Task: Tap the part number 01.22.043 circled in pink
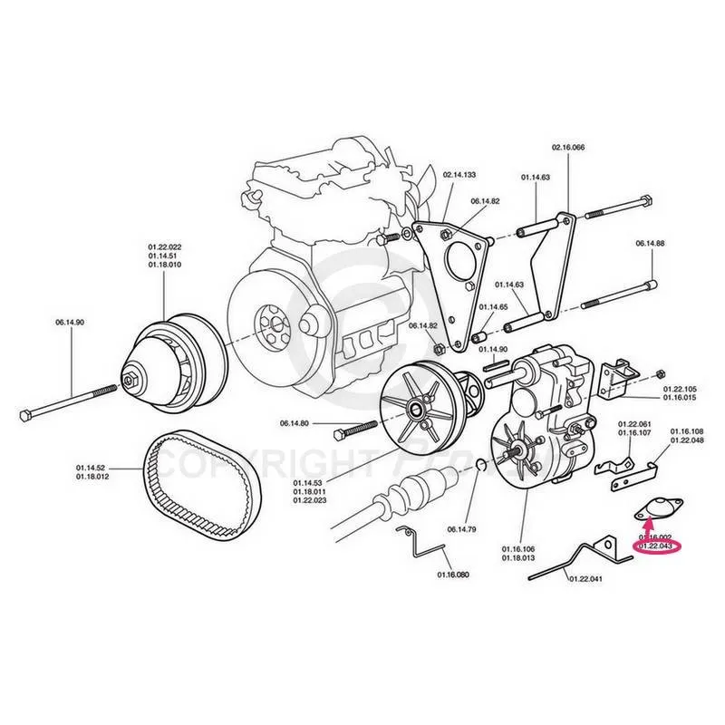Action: [x=655, y=547]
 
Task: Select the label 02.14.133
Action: [x=459, y=174]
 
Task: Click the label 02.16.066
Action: [x=568, y=147]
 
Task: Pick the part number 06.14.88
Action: [x=651, y=243]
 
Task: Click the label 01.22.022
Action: [x=165, y=246]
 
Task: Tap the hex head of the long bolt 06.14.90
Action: [x=26, y=415]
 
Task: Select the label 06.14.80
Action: [x=295, y=423]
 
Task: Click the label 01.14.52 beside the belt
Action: [x=92, y=468]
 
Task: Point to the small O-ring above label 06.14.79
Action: [x=478, y=465]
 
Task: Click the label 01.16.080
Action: [x=453, y=575]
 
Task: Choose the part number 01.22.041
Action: [x=584, y=578]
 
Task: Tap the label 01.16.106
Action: [x=519, y=549]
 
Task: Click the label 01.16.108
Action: [x=687, y=431]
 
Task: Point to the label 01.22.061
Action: [x=634, y=424]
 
